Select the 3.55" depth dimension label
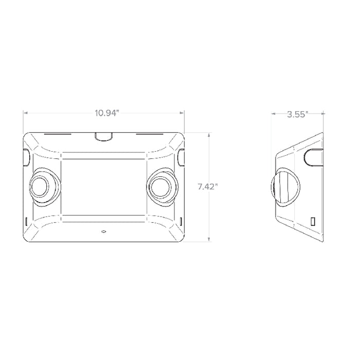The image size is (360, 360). point(297,114)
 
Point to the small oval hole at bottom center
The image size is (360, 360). point(103,231)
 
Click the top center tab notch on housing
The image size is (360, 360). point(104,136)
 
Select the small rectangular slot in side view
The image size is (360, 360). point(312,221)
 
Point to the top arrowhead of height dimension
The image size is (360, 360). point(208,134)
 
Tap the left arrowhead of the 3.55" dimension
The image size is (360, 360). point(274,114)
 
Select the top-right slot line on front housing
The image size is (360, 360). point(149,136)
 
